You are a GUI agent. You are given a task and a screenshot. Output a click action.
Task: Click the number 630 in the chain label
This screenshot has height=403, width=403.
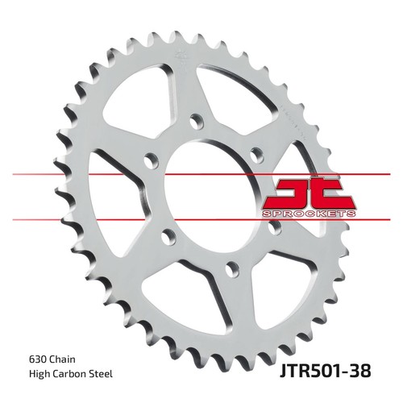coord(36,359)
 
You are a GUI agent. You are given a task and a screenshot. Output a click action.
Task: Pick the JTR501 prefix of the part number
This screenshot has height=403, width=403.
coord(311,371)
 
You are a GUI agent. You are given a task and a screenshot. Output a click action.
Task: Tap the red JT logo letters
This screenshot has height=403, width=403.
coord(310,193)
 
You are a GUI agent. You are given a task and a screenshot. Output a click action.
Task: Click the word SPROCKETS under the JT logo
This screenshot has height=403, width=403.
coord(309,214)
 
